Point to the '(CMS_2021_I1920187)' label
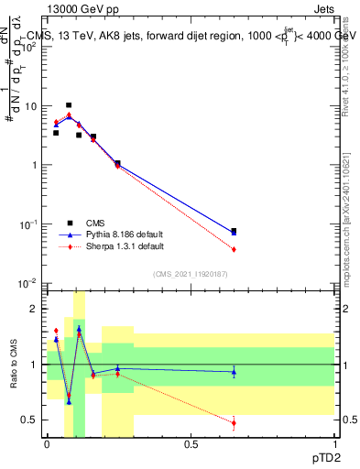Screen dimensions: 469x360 click(190, 273)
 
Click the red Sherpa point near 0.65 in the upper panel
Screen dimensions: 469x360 click(234, 249)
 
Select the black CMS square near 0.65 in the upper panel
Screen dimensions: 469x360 click(234, 231)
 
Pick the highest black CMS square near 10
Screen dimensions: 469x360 click(69, 105)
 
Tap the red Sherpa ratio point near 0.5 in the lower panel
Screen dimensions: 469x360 click(234, 422)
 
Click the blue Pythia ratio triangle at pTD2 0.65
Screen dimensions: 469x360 click(234, 372)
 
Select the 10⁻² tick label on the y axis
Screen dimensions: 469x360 click(29, 283)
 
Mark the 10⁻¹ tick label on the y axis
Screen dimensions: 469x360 click(29, 224)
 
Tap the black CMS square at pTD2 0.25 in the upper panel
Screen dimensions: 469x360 click(117, 163)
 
